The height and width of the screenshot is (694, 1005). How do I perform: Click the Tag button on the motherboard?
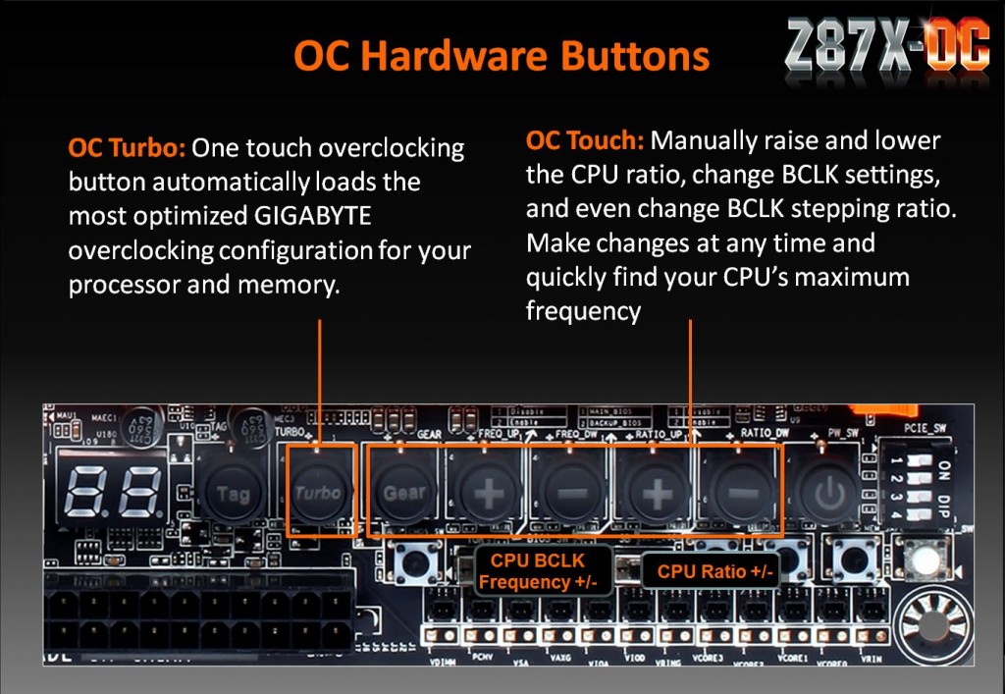(233, 493)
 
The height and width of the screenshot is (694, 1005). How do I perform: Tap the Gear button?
(403, 493)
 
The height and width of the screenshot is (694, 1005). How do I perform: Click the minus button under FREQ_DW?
(572, 493)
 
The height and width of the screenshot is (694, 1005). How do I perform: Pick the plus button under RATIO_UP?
(656, 493)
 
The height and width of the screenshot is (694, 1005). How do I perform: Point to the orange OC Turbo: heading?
(127, 149)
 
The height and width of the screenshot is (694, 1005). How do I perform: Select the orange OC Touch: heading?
(585, 140)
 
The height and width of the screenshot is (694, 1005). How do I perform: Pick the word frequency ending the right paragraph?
(583, 312)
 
